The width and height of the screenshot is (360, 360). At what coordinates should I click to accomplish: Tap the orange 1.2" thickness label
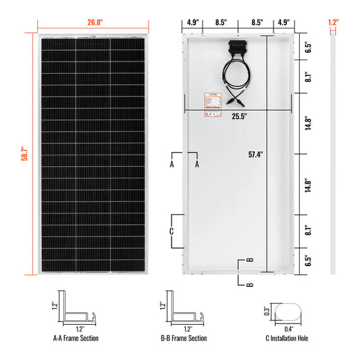click(x=332, y=21)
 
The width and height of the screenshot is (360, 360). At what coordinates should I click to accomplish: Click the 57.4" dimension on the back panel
click(x=256, y=154)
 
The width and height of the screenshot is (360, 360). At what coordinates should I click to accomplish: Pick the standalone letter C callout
click(x=172, y=231)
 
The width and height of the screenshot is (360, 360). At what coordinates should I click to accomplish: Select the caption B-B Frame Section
click(x=186, y=338)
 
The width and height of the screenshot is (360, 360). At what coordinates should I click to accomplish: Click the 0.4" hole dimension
click(x=289, y=330)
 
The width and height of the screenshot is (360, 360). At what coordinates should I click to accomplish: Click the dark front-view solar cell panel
click(x=93, y=154)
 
